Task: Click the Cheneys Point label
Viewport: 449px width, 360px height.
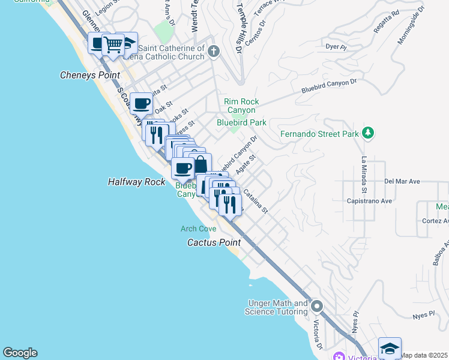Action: point(90,76)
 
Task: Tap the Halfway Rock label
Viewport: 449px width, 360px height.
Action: point(136,182)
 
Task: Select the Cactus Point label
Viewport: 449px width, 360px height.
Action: point(214,243)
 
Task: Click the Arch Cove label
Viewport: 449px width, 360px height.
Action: point(198,229)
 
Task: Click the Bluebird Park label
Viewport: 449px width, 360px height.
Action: point(241,122)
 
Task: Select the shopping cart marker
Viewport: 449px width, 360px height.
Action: point(113,45)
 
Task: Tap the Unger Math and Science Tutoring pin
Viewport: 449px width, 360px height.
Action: point(316,307)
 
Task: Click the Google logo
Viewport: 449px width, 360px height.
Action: point(20,353)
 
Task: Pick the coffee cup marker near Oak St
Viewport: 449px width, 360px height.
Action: point(141,103)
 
